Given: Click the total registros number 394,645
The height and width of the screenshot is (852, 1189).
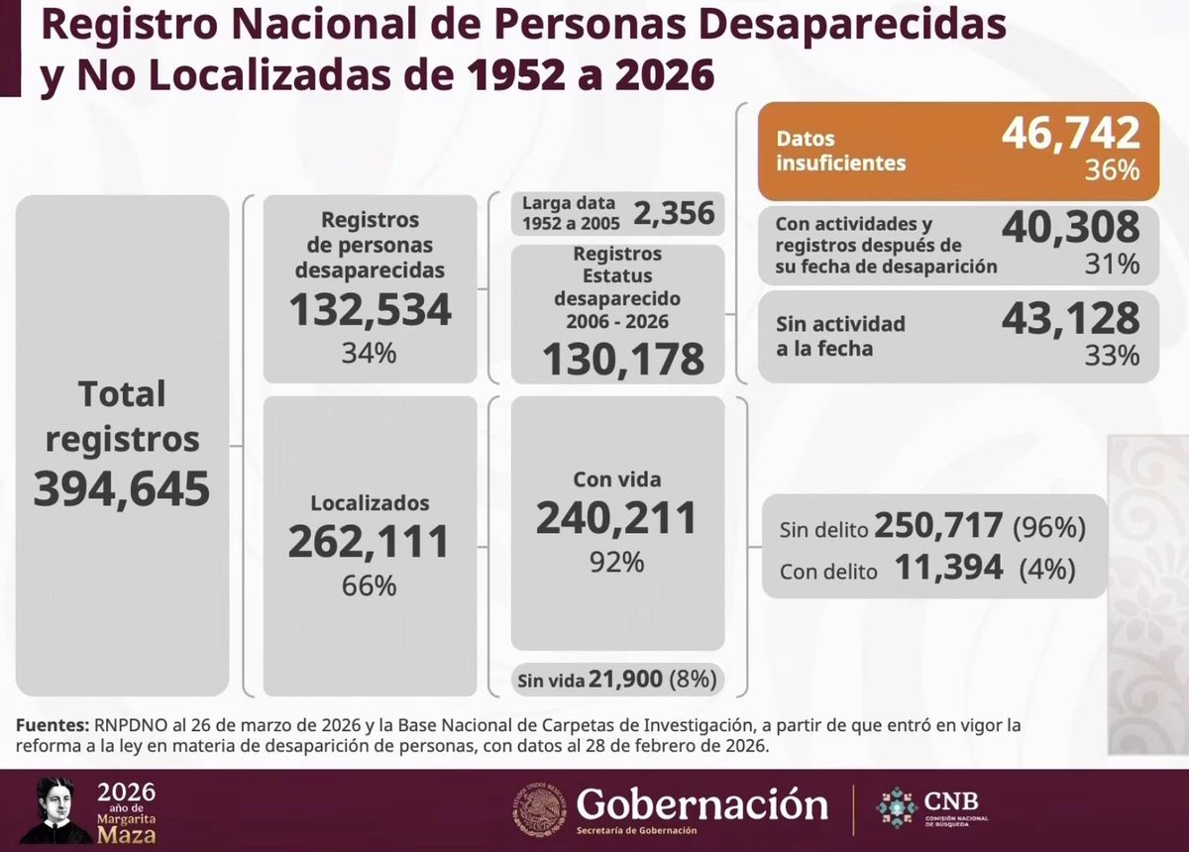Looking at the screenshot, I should [x=122, y=488].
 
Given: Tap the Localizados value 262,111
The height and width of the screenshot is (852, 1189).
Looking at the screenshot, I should [x=369, y=541].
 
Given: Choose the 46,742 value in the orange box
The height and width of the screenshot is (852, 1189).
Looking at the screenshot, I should [x=1070, y=133].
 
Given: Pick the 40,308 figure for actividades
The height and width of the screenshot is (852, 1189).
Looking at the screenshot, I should [x=1070, y=228].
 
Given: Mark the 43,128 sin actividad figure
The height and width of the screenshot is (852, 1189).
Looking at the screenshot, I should [x=1070, y=317].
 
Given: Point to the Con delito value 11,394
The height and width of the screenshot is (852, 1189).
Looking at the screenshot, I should [x=949, y=568].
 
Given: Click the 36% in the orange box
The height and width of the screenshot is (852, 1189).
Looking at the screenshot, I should [x=1112, y=170].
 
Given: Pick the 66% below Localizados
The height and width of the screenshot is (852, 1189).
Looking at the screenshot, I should [x=370, y=586].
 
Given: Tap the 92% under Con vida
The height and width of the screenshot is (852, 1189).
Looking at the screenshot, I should [x=617, y=562].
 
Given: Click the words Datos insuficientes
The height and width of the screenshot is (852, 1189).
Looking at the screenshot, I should [x=840, y=151].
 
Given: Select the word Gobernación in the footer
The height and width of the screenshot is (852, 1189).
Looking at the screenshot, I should [x=703, y=802].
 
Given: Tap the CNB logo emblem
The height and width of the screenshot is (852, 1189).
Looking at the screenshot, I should [x=897, y=807].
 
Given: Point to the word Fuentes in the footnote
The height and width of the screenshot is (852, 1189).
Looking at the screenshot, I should [x=52, y=725].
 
